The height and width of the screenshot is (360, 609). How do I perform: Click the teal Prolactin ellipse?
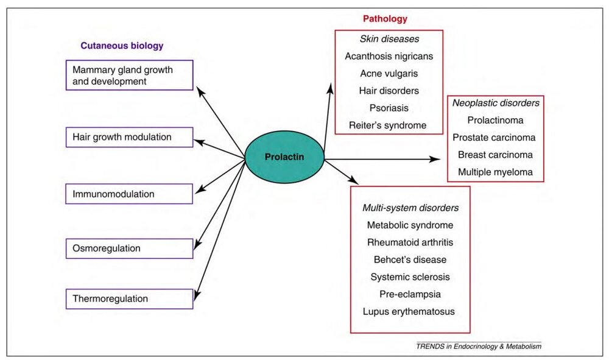[x=284, y=157]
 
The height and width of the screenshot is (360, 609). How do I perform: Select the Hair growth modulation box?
[x=129, y=137]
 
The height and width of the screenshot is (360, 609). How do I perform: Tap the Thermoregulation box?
[x=129, y=298]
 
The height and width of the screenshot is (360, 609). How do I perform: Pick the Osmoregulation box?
[x=129, y=248]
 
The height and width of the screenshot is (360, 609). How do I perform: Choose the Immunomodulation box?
[x=129, y=194]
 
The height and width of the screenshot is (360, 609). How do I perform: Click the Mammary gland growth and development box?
[x=129, y=75]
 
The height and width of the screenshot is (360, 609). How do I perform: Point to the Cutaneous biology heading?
[x=122, y=46]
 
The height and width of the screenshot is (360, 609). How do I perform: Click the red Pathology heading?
[x=385, y=19]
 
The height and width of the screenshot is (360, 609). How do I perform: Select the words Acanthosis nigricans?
[x=389, y=56]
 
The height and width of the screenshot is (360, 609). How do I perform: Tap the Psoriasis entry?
[x=389, y=108]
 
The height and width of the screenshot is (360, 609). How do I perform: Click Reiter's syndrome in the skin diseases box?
[x=389, y=125]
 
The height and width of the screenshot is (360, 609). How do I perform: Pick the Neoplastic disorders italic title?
[x=496, y=103]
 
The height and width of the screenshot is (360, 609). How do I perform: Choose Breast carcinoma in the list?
[x=496, y=155]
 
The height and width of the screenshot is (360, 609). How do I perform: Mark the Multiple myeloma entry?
[x=496, y=172]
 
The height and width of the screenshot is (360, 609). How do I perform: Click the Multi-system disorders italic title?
[x=410, y=208]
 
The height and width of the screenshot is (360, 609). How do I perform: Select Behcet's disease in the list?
[x=410, y=259]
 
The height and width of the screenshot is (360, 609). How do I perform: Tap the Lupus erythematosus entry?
[x=410, y=311]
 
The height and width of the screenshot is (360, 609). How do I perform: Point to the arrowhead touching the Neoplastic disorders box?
[x=435, y=159]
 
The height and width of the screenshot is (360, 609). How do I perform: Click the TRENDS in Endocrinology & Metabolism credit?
[x=479, y=346]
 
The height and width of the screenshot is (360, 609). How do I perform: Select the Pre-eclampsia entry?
[x=410, y=294]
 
